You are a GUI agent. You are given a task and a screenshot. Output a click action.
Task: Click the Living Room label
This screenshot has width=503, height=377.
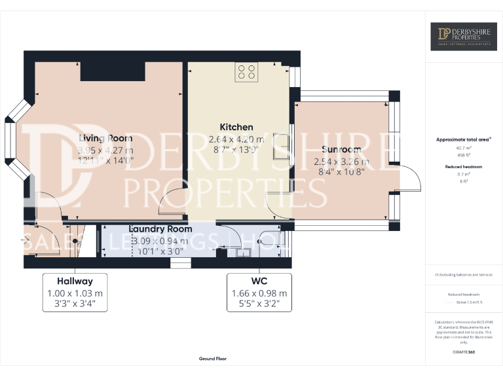pyautogui.click(x=105, y=138)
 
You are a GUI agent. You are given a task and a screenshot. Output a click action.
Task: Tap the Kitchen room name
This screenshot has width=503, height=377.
pyautogui.click(x=236, y=127)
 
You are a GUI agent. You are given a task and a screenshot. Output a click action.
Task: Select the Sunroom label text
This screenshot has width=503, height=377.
pyautogui.click(x=341, y=150)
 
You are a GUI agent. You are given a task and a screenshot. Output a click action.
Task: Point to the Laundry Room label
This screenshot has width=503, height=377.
pyautogui.click(x=160, y=229)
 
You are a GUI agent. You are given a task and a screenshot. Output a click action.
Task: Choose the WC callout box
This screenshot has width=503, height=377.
pyautogui.click(x=259, y=292)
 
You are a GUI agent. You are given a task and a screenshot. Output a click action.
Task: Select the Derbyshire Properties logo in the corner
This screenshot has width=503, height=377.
pyautogui.click(x=463, y=37)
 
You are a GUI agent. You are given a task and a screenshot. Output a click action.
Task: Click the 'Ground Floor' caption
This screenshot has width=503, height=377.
pyautogui.click(x=213, y=359)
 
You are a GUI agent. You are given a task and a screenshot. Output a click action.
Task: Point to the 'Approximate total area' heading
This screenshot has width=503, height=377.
pyautogui.click(x=463, y=139)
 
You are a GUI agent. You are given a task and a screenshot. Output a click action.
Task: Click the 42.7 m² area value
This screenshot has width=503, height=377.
pyautogui.click(x=463, y=148)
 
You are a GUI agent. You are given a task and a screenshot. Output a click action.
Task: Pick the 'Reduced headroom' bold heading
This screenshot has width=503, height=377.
pyautogui.click(x=463, y=167)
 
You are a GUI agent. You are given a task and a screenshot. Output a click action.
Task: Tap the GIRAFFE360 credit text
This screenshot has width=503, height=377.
pyautogui.click(x=463, y=353)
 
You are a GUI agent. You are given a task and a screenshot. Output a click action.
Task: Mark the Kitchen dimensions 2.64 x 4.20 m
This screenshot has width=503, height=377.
pyautogui.click(x=236, y=139)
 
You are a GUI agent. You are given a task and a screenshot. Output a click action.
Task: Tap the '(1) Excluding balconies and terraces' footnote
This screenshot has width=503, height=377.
pyautogui.click(x=463, y=275)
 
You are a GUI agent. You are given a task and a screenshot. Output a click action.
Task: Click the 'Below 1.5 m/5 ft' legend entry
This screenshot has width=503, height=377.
pyautogui.click(x=468, y=302)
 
